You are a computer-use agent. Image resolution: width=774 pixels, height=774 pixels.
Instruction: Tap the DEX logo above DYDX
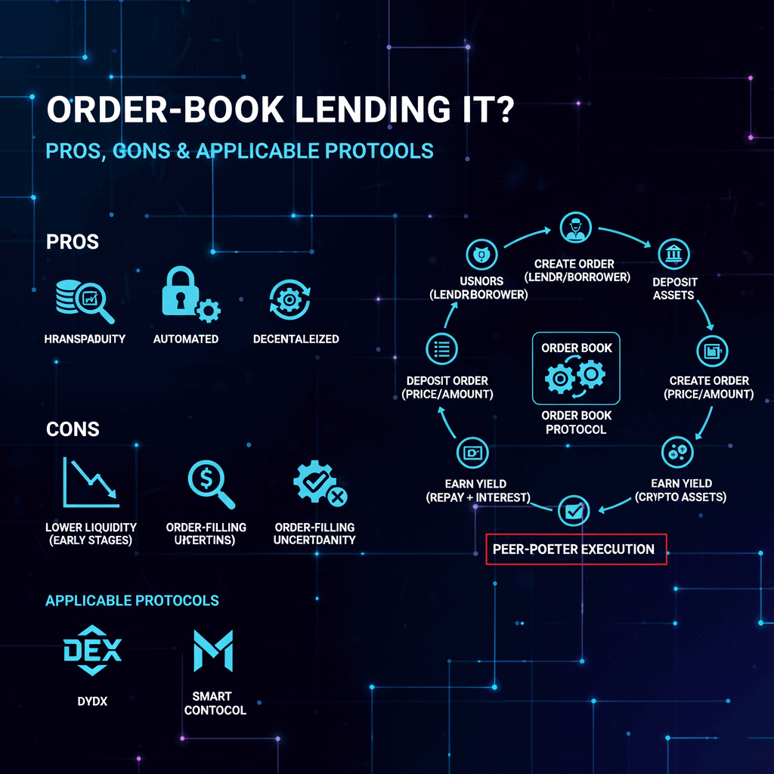click(x=91, y=652)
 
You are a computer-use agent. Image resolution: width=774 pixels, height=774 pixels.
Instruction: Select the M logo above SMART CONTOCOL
click(x=213, y=652)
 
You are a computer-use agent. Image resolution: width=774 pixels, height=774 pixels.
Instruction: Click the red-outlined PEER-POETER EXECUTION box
click(x=576, y=550)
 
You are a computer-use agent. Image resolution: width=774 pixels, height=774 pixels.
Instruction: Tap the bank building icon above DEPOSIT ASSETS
click(x=671, y=255)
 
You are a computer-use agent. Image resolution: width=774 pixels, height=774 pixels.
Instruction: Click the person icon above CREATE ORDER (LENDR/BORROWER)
click(x=574, y=229)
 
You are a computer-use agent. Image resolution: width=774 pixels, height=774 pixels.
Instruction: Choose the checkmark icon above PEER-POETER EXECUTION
click(x=572, y=512)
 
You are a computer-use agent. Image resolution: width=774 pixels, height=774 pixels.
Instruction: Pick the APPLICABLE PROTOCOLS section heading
click(x=132, y=601)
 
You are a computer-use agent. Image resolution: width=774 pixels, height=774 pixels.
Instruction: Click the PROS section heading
click(x=73, y=243)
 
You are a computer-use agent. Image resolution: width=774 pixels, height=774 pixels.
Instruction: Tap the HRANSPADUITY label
click(x=84, y=339)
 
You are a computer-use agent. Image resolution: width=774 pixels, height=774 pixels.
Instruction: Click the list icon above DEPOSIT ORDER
click(x=441, y=348)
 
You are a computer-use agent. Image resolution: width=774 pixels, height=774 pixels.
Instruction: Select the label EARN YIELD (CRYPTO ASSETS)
click(x=680, y=491)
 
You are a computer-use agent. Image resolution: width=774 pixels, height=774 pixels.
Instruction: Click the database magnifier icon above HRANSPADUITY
click(x=84, y=300)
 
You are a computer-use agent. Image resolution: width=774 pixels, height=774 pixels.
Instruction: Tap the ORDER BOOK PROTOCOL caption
click(x=576, y=423)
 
